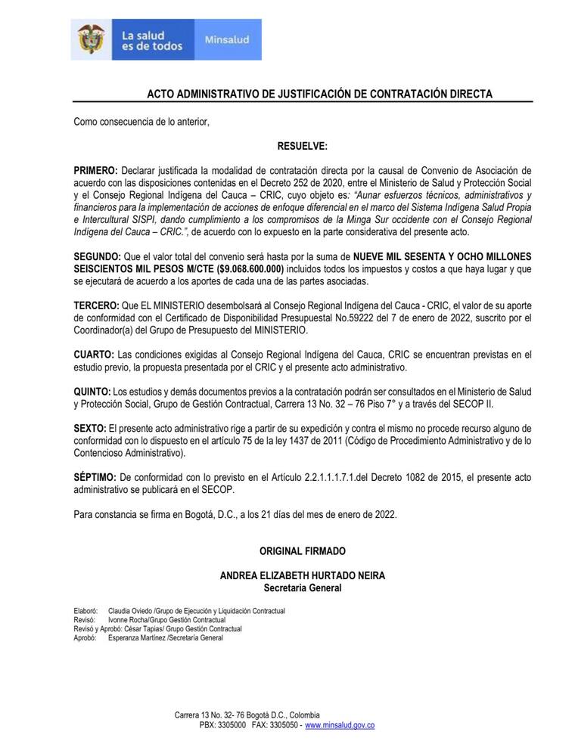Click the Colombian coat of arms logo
pos(90,39)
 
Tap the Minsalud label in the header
pos(226,39)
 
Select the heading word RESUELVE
pos(302,145)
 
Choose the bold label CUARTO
pos(95,354)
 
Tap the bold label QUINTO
pos(92,391)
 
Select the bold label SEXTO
pos(90,428)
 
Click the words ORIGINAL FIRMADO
pos(302,551)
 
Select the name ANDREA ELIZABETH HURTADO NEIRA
pos(302,575)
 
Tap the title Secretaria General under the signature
pos(302,588)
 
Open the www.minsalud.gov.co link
pos(340,725)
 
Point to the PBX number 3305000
pos(230,725)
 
